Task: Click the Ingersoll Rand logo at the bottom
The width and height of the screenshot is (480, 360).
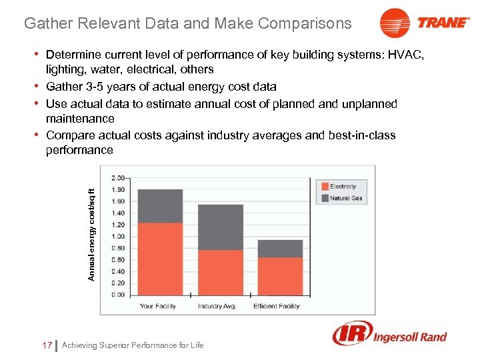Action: pos(390,334)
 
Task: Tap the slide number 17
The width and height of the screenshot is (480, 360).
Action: pos(47,345)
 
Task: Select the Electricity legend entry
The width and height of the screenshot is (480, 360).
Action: pos(343,187)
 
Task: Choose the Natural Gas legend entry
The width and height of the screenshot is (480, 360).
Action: pos(345,198)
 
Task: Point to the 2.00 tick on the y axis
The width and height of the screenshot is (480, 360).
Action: pos(117,178)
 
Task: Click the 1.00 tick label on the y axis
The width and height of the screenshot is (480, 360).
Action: pos(117,236)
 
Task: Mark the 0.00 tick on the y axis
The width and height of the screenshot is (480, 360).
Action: pos(117,294)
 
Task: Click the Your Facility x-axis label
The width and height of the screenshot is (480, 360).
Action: pos(158,307)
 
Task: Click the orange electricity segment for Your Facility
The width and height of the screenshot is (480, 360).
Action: pos(160,259)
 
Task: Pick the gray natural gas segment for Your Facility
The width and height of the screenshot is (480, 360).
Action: pos(160,206)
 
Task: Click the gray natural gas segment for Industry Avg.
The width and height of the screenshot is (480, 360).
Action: pos(220,227)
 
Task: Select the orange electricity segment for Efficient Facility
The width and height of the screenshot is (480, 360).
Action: pos(280,276)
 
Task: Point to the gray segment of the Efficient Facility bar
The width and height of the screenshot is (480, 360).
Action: pos(280,249)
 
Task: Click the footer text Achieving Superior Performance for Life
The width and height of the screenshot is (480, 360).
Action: pos(133,345)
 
